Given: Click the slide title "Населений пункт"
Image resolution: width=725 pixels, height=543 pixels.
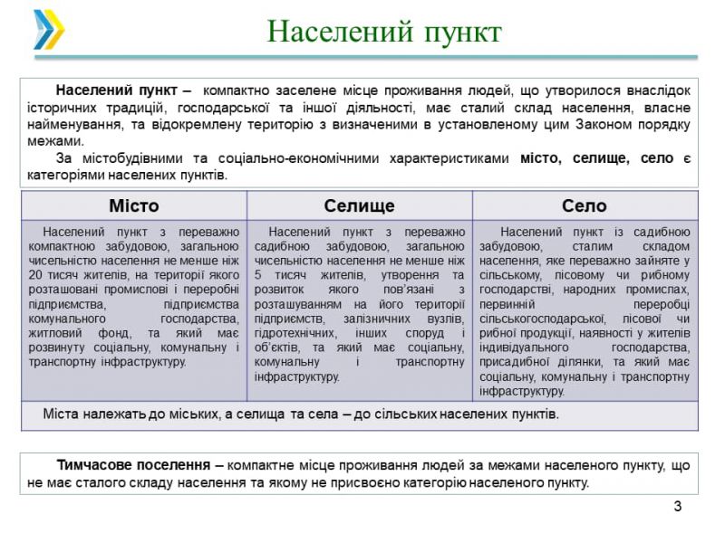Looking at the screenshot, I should pyautogui.click(x=384, y=33).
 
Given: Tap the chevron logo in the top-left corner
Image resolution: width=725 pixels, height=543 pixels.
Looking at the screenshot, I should pyautogui.click(x=48, y=29).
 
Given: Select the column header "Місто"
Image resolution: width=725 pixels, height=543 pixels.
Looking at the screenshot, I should pyautogui.click(x=133, y=205).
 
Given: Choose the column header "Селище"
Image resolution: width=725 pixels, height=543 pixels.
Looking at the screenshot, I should pyautogui.click(x=359, y=205).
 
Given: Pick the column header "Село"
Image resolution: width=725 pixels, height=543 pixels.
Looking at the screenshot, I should pyautogui.click(x=585, y=205).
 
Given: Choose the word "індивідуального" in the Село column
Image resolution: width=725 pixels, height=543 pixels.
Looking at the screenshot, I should pyautogui.click(x=523, y=348).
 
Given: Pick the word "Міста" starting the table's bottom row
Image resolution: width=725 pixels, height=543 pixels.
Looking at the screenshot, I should pyautogui.click(x=61, y=414).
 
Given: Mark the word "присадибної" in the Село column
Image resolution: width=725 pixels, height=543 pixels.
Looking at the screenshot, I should pyautogui.click(x=514, y=362).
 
